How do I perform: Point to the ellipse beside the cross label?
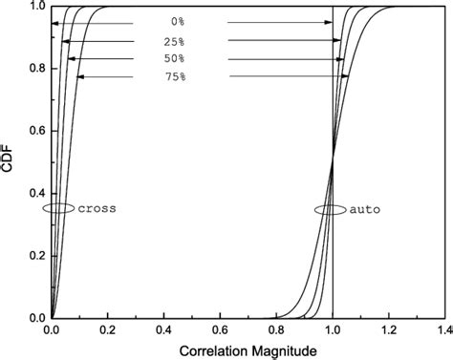(x=57, y=208)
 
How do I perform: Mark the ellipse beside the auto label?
(x=331, y=208)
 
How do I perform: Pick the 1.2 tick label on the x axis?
(x=389, y=330)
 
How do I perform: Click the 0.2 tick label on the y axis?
(x=34, y=255)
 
